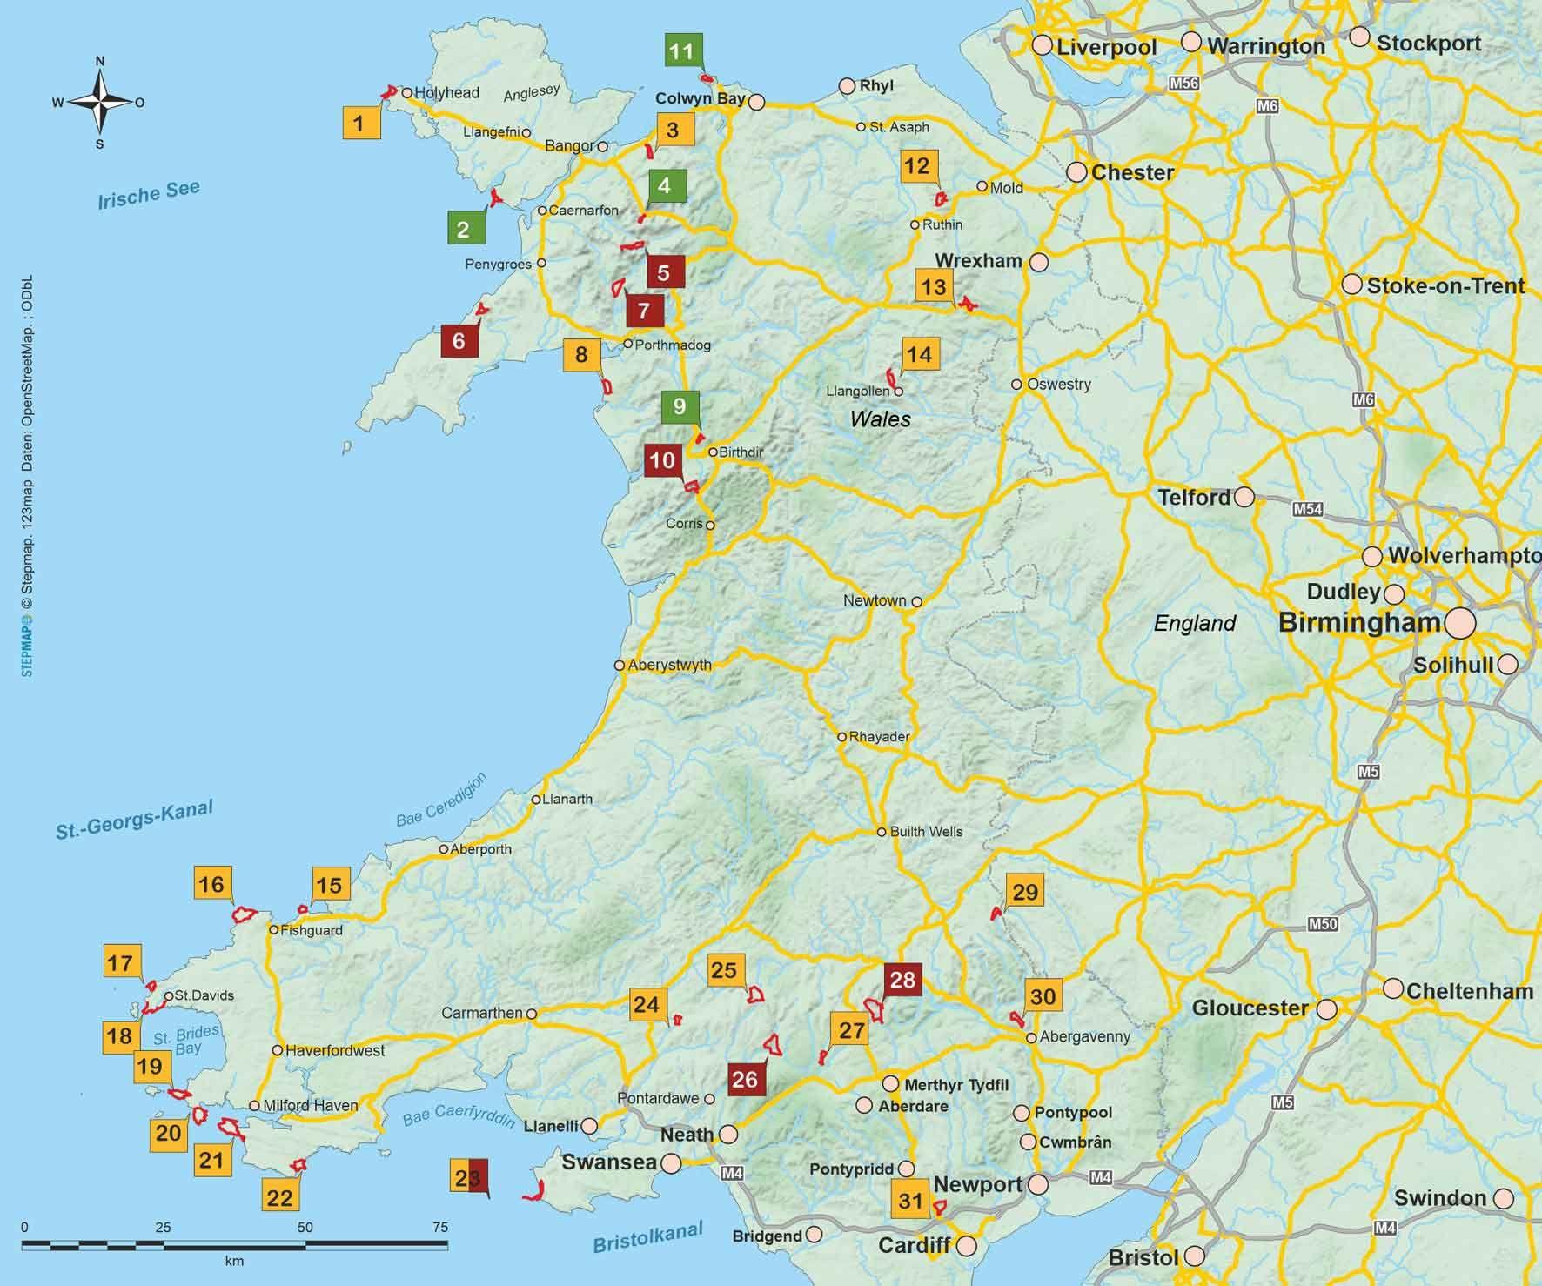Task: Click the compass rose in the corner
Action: point(100,102)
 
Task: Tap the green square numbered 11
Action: point(681,51)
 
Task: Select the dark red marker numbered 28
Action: point(902,980)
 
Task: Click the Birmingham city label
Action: point(1359,623)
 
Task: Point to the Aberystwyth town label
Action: point(669,666)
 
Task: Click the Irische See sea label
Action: point(149,195)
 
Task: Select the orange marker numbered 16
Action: point(211,884)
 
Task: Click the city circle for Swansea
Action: point(671,1163)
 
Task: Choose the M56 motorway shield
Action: point(1183,84)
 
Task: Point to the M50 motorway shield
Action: point(1323,925)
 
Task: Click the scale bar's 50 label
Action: point(305,1228)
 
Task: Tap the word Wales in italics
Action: point(880,419)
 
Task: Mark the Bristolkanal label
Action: point(647,1237)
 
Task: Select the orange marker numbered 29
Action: point(1025,892)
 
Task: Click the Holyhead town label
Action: point(446,92)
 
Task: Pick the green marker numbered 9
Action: point(680,406)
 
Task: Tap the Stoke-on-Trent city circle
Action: point(1351,285)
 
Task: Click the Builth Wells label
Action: point(926,832)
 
